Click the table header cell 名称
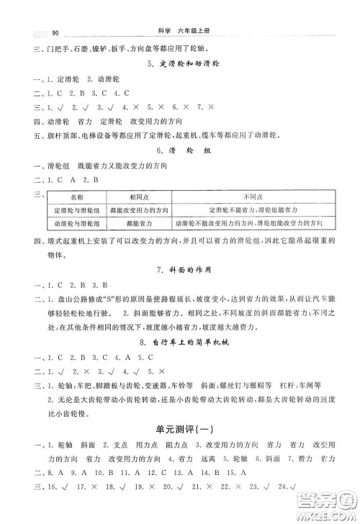click(x=78, y=196)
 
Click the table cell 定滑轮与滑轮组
click(x=78, y=209)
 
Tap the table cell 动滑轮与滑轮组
click(x=78, y=224)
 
